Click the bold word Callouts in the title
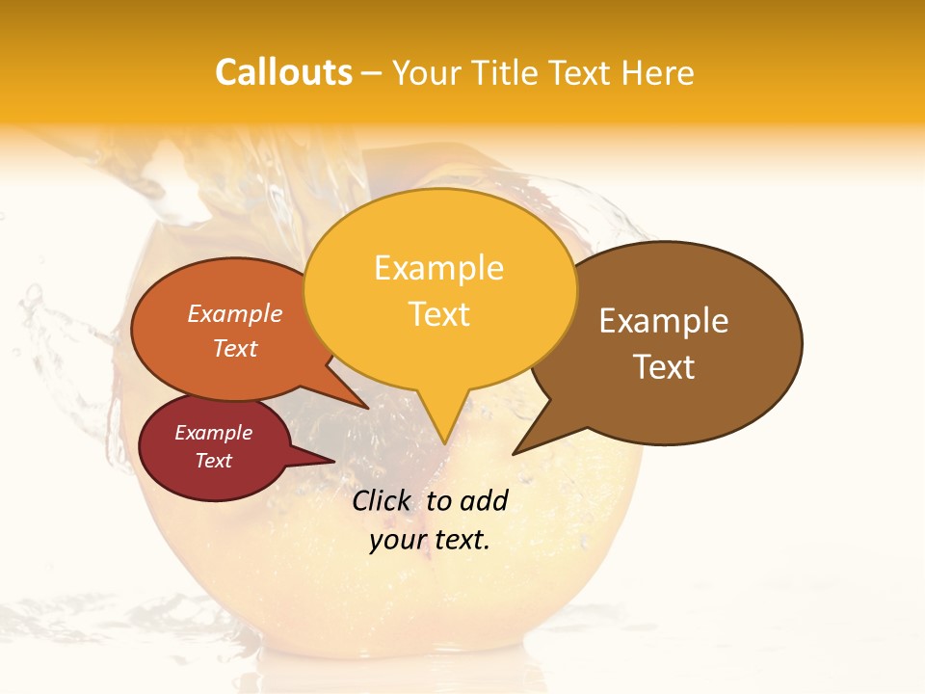[x=283, y=72]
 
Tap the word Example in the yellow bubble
[x=438, y=268]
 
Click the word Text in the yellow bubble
[x=439, y=314]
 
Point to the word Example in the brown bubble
[x=664, y=321]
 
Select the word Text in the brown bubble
[x=664, y=367]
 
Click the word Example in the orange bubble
[x=235, y=314]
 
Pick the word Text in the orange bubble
[x=235, y=348]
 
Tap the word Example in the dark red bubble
[x=213, y=433]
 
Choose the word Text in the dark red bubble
[x=213, y=461]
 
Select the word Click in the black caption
[x=381, y=500]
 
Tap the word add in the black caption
[x=483, y=500]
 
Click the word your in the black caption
[x=395, y=540]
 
